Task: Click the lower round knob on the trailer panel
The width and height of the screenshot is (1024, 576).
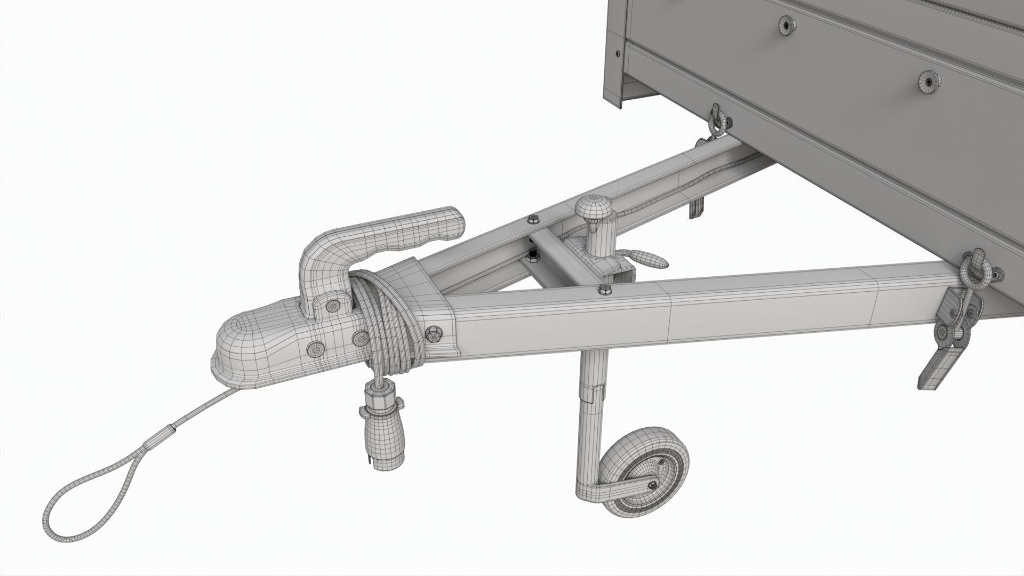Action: pyautogui.click(x=929, y=82)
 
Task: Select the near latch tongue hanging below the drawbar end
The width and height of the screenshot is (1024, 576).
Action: pyautogui.click(x=944, y=368)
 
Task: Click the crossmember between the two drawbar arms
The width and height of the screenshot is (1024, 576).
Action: pyautogui.click(x=555, y=256)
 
